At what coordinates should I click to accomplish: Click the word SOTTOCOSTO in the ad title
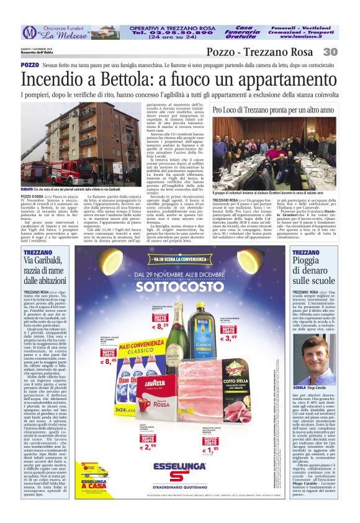tap(179, 288)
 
